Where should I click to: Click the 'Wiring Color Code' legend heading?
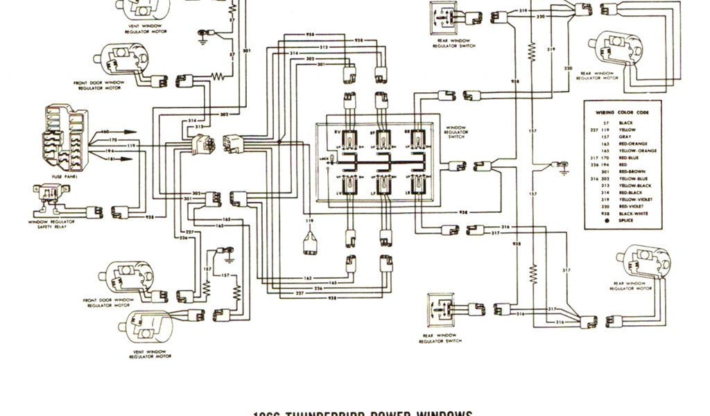pos(623,111)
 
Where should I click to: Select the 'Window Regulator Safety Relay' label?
pos(52,224)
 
